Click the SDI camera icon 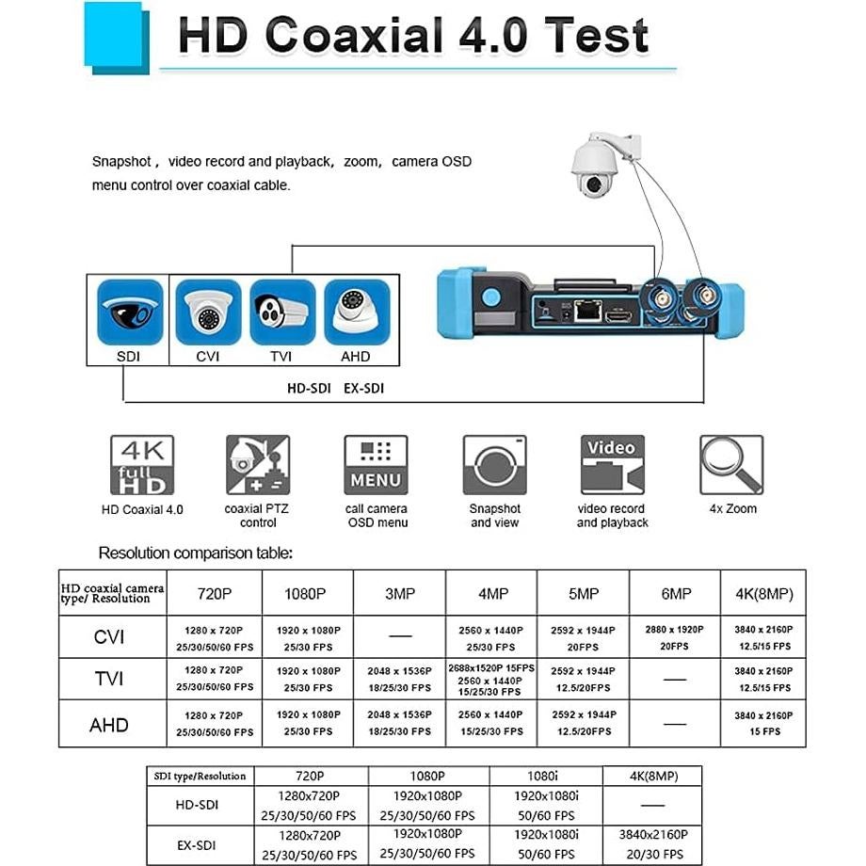point(130,313)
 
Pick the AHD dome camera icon point(357,313)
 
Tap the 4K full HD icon point(142,464)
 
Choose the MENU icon point(376,465)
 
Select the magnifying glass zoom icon point(730,464)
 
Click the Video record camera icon point(612,464)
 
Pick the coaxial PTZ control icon point(258,465)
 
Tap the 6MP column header point(675,594)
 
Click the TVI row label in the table point(109,679)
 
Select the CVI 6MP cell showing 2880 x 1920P point(675,637)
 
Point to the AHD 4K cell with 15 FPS point(763,723)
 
